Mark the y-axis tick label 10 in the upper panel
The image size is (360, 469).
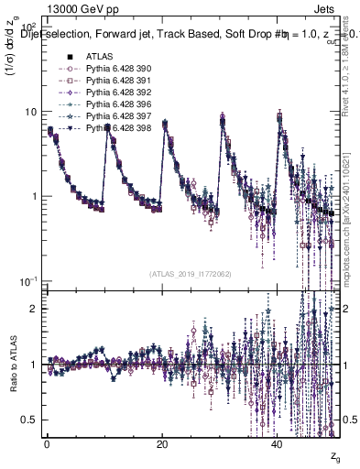[x=29, y=112]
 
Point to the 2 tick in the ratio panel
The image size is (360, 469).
[x=34, y=309]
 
